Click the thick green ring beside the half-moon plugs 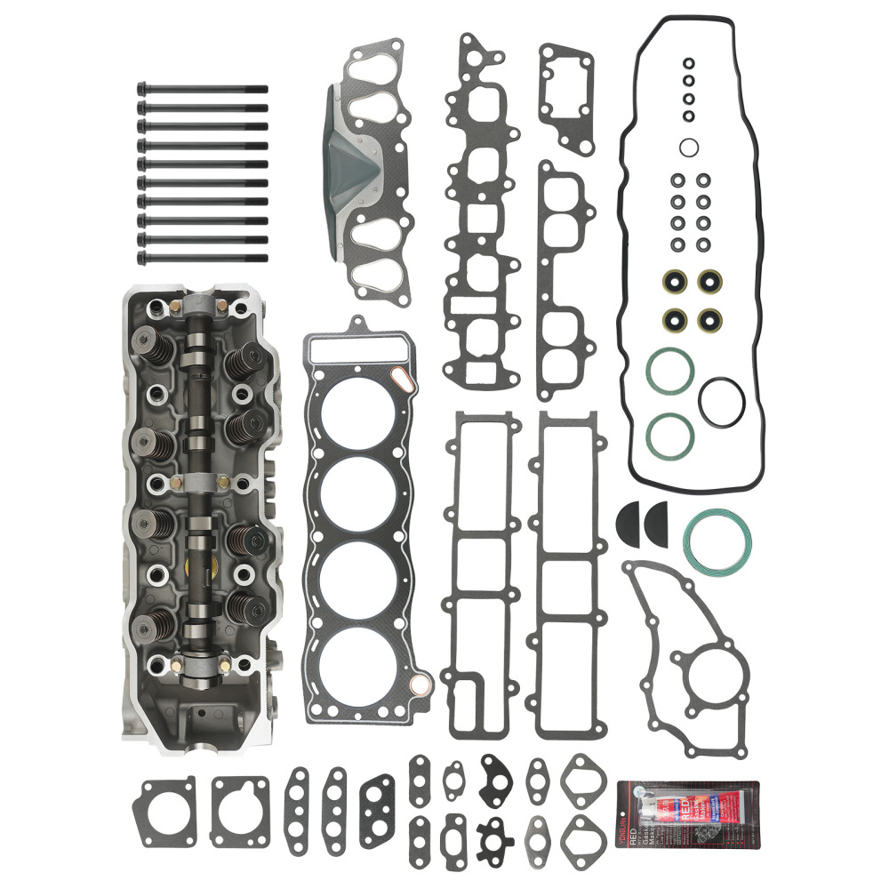click(717, 541)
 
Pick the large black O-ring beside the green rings click(719, 403)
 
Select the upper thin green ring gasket click(670, 371)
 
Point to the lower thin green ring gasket click(670, 433)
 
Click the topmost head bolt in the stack click(202, 89)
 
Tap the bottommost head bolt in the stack click(202, 259)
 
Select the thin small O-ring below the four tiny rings click(689, 147)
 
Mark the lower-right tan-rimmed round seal click(709, 319)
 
